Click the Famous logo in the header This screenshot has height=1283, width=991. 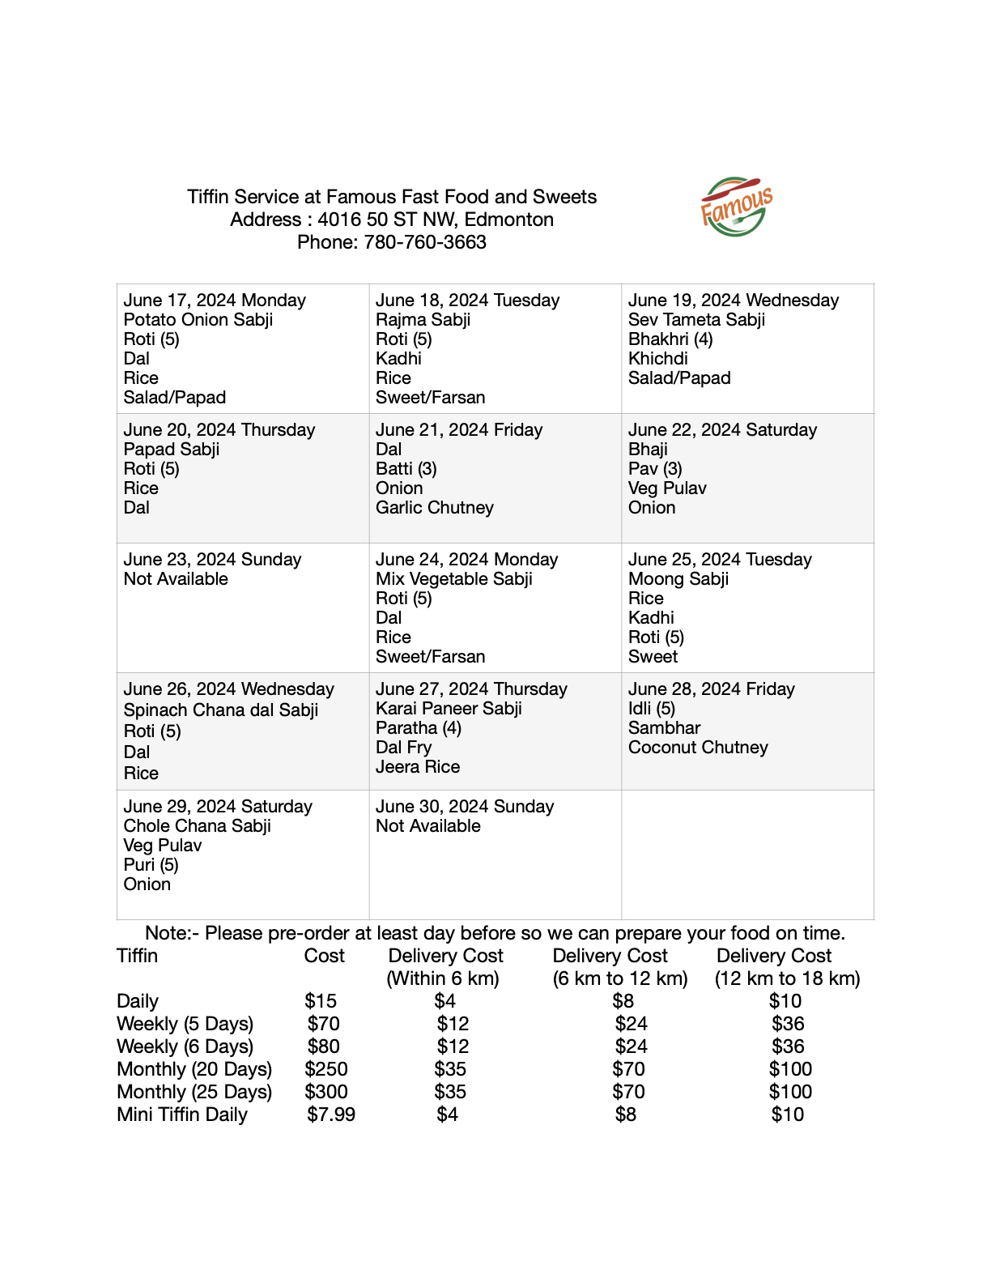coord(735,207)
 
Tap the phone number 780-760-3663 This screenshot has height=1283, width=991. coord(424,242)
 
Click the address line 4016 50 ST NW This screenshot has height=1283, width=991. coord(392,220)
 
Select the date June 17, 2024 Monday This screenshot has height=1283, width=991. coord(215,301)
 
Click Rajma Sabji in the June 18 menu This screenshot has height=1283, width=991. coord(423,320)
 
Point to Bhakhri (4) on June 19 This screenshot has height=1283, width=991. coord(670,339)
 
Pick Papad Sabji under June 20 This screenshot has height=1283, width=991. coord(171,450)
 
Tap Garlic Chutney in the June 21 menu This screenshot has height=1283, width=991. coord(434,508)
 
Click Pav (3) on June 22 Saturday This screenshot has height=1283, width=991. coord(655,469)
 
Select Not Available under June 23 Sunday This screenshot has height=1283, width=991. coord(176,579)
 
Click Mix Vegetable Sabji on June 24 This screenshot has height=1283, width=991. coord(453,579)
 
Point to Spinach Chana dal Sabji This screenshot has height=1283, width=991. coord(220,710)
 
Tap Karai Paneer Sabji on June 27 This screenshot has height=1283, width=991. coord(449,709)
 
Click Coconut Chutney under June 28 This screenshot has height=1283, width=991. coord(698,748)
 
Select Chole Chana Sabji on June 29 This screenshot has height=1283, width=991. coord(197,826)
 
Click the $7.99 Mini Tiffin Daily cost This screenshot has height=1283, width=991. coord(331,1115)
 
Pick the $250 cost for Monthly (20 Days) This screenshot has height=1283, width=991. coord(326,1069)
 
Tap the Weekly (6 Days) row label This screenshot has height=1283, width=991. coord(185,1046)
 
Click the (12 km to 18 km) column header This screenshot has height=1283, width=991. coord(787,978)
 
